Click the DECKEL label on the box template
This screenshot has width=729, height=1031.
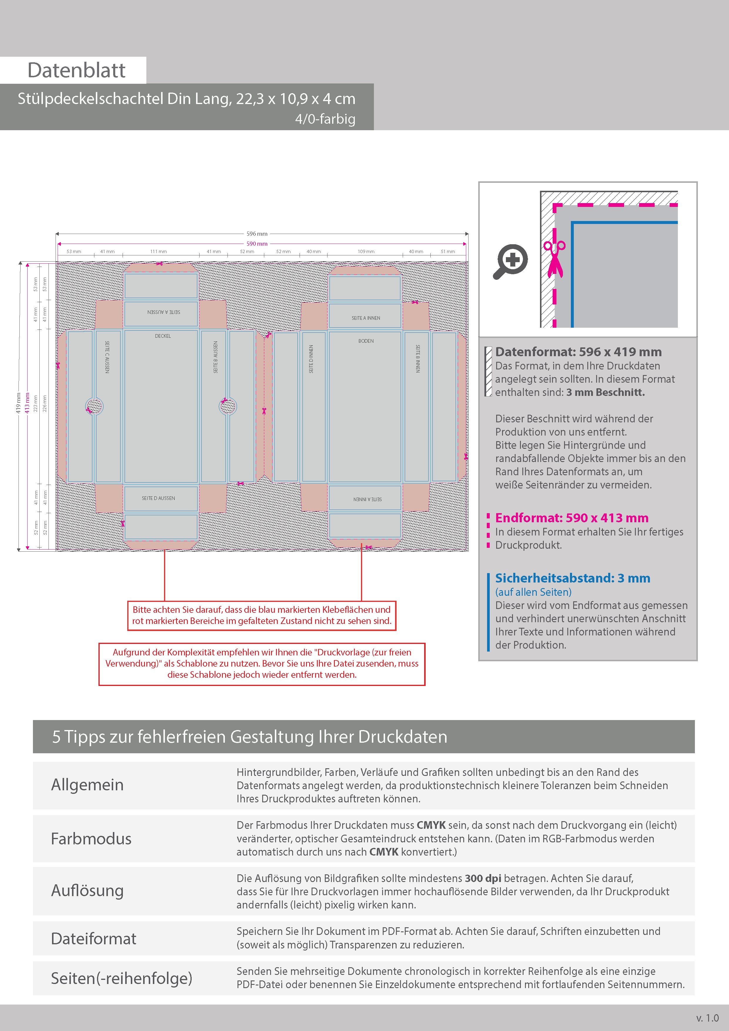tap(163, 336)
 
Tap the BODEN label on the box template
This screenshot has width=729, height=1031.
tap(366, 341)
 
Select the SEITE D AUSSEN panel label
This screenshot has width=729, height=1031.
tap(158, 498)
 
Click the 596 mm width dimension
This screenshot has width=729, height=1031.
tap(257, 233)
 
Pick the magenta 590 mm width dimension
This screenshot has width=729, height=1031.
tap(257, 244)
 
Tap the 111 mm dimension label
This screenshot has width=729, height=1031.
tap(158, 252)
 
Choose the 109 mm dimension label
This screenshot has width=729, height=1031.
tap(366, 252)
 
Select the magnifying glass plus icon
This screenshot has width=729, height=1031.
tap(511, 261)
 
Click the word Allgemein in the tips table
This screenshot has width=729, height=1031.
tap(87, 784)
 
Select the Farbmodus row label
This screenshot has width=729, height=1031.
tap(91, 838)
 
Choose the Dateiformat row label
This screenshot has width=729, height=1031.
tap(93, 938)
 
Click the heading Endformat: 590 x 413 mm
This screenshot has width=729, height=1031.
tap(571, 518)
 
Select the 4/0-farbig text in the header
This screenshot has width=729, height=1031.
tap(325, 119)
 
